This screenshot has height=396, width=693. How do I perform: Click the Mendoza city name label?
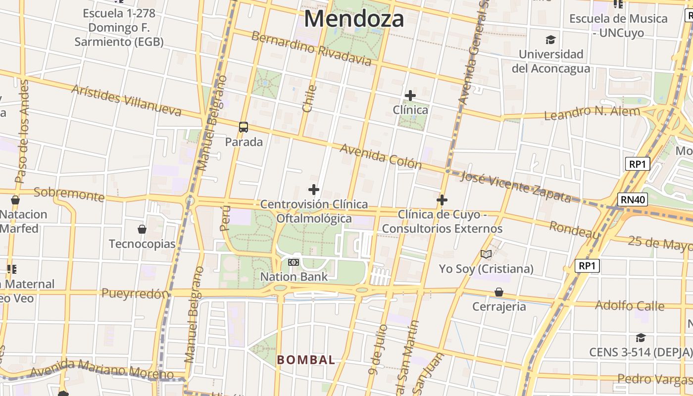354,19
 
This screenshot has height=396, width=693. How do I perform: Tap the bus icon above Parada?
244,127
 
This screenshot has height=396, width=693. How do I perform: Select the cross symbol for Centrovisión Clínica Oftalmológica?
314,190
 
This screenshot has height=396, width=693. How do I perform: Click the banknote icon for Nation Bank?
294,262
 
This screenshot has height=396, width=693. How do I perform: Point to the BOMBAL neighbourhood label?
306,360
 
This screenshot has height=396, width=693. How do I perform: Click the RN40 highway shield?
633,199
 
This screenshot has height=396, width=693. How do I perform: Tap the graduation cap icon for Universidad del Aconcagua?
550,40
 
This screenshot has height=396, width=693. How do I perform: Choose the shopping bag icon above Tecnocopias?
142,229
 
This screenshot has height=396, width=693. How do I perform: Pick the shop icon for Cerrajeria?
499,292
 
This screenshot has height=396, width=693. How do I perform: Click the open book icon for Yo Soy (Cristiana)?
486,254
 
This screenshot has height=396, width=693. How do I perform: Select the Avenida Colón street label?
381,156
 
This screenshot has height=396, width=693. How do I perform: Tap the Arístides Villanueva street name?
126,100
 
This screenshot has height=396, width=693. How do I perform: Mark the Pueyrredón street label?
135,294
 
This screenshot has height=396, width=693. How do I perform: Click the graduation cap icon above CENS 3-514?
641,338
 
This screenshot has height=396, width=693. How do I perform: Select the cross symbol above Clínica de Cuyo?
442,200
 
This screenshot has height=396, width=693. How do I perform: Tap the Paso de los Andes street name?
23,133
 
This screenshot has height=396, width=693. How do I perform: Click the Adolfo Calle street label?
629,305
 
